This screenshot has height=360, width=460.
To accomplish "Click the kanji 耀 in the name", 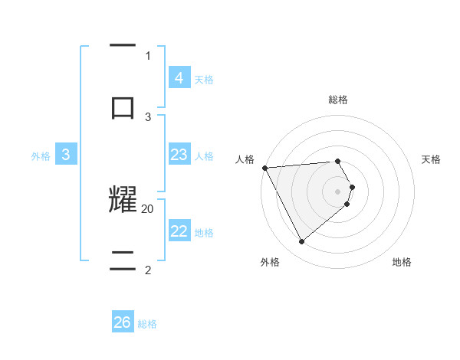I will coord(123,199).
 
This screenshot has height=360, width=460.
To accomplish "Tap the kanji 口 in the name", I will coord(123,106).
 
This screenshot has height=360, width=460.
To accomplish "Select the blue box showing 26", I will coord(123,322).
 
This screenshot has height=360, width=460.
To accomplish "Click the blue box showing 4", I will coord(179,77).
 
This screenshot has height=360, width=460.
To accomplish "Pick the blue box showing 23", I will coord(179,155).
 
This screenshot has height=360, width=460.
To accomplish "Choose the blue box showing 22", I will coord(179,232).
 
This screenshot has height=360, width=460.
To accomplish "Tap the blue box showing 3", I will coord(66,155).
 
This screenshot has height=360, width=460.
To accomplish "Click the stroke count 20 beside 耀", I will coord(148,208).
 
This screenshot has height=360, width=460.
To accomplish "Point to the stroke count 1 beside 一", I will coord(148,55).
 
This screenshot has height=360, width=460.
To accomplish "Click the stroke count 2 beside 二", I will coord(148,270).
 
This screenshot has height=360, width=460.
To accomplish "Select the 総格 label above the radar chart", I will coord(338,100).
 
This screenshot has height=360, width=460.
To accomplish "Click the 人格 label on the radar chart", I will coord(245,159).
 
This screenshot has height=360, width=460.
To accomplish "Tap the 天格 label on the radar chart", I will coord(432,159).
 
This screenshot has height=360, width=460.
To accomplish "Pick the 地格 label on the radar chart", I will coord(402,262).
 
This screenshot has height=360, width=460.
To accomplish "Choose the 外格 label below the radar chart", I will coord(270,262).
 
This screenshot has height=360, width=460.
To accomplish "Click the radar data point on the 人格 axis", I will coord(264,168).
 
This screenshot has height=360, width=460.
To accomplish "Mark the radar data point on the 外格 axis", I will coord(301,242).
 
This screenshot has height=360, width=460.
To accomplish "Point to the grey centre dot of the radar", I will coord(338,191).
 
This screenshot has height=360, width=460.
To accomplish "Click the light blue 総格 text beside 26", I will coord(147,324).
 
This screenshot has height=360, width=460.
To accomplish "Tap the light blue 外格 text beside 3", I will coord(41,155).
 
